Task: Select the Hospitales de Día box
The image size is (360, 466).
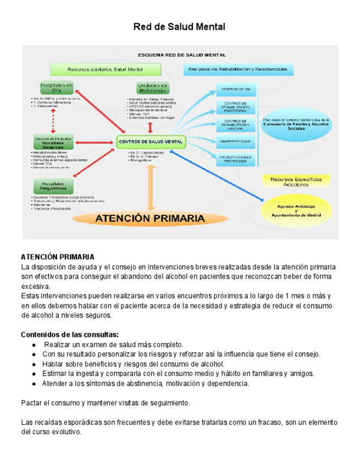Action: pyautogui.click(x=57, y=88)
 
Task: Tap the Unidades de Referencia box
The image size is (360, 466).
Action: pyautogui.click(x=152, y=88)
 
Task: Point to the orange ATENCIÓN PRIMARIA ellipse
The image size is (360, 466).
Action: pyautogui.click(x=151, y=218)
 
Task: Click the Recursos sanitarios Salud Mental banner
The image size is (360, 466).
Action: pyautogui.click(x=105, y=70)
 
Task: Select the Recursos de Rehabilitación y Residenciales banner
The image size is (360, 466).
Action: pyautogui.click(x=237, y=70)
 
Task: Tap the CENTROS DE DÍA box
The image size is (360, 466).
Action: pyautogui.click(x=236, y=89)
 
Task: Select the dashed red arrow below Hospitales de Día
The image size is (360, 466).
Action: pyautogui.click(x=53, y=120)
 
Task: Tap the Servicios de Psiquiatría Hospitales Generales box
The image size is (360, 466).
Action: pyautogui.click(x=53, y=142)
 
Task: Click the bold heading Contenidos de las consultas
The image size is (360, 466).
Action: pyautogui.click(x=69, y=335)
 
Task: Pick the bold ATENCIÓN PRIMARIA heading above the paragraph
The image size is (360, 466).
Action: pyautogui.click(x=58, y=257)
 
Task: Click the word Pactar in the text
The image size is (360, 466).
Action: pyautogui.click(x=31, y=403)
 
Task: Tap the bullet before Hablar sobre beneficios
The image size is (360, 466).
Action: pyautogui.click(x=35, y=364)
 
